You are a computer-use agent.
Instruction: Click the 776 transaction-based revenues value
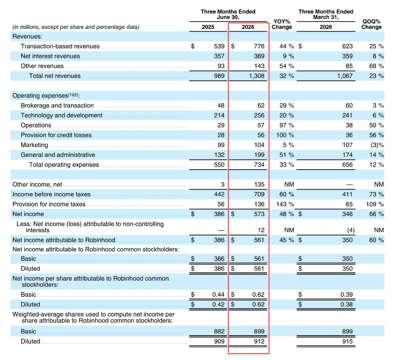pyautogui.click(x=259, y=46)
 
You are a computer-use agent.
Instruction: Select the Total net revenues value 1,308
pyautogui.click(x=257, y=76)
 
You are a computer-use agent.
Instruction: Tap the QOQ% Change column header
pyautogui.click(x=372, y=24)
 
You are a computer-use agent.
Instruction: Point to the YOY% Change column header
pyautogui.click(x=282, y=24)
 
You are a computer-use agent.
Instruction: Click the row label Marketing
pyautogui.click(x=34, y=145)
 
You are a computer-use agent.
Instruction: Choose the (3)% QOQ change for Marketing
pyautogui.click(x=377, y=145)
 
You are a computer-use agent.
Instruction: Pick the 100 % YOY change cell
pyautogui.click(x=285, y=135)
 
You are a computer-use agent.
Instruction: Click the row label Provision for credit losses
pyautogui.click(x=56, y=135)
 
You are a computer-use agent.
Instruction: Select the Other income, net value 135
pyautogui.click(x=259, y=184)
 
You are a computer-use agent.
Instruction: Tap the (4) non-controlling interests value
pyautogui.click(x=350, y=230)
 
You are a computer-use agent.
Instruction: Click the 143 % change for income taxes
pyautogui.click(x=285, y=204)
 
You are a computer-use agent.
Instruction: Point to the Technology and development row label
pyautogui.click(x=61, y=115)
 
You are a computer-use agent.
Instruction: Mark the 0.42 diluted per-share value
pyautogui.click(x=218, y=305)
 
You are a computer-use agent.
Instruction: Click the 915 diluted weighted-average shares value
pyautogui.click(x=347, y=341)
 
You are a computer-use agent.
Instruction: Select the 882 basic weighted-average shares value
pyautogui.click(x=219, y=332)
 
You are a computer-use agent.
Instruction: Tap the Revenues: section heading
pyautogui.click(x=27, y=37)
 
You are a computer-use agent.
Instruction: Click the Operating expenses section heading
pyautogui.click(x=46, y=95)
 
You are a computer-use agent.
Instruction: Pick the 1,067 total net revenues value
pyautogui.click(x=345, y=76)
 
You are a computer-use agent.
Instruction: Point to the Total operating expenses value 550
pyautogui.click(x=219, y=165)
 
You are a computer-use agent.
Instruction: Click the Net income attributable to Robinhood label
pyautogui.click(x=64, y=240)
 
